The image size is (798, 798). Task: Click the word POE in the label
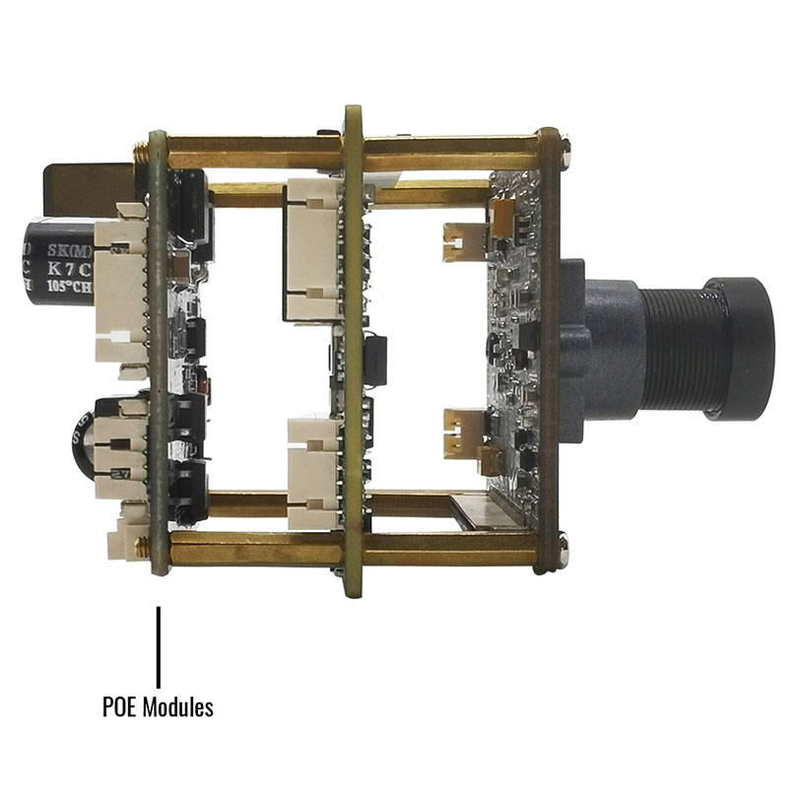click(x=119, y=706)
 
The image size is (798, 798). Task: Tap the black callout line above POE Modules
click(x=158, y=645)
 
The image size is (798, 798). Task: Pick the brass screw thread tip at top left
click(x=141, y=151)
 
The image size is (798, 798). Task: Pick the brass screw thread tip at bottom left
click(x=141, y=543)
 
